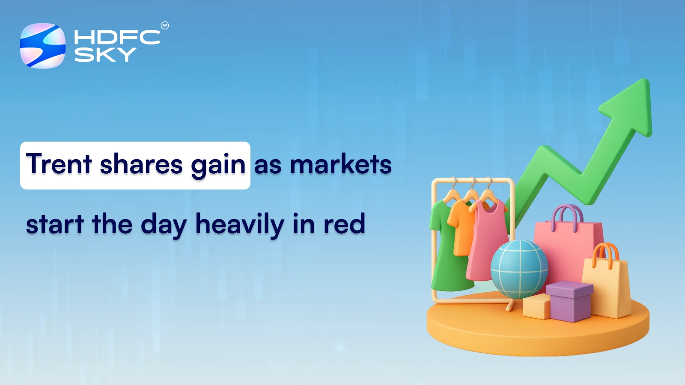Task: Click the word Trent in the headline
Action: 59,164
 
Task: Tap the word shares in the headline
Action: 141,164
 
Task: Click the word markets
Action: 341,164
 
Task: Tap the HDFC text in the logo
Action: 116,37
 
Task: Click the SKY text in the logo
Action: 105,55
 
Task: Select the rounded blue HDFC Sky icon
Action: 43,46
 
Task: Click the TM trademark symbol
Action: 164,26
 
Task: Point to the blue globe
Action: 519,269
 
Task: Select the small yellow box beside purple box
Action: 536,307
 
